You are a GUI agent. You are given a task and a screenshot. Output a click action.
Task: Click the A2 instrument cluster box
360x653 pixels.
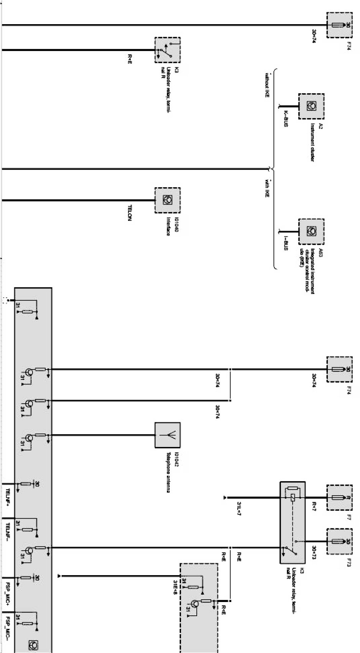(311, 106)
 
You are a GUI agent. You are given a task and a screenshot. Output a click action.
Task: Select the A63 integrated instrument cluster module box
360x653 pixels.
(311, 231)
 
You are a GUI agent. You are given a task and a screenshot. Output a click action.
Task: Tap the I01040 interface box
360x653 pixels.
(168, 200)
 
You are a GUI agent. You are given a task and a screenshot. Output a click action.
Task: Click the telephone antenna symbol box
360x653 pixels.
(168, 435)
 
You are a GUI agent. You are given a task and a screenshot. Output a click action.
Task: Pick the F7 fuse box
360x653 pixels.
(339, 497)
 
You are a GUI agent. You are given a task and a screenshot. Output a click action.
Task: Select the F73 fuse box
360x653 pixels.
(339, 541)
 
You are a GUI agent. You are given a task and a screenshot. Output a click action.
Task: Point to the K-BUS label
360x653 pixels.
(286, 119)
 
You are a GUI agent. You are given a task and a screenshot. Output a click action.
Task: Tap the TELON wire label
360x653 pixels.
(129, 212)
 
